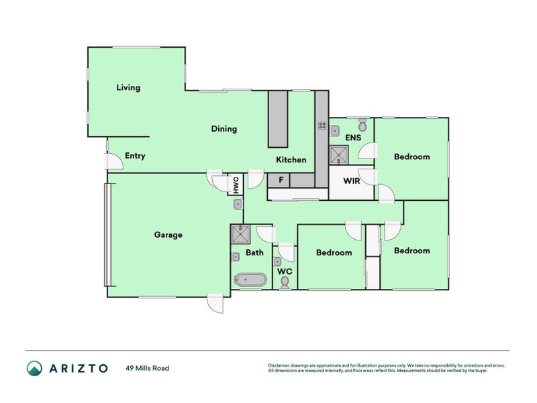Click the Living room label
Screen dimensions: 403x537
pos(128,88)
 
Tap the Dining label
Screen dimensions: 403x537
pos(224,129)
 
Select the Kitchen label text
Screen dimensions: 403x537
pos(291,160)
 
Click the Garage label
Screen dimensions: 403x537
pos(168,235)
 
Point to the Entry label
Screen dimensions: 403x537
pos(135,156)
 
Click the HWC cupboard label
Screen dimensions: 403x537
pos(235,183)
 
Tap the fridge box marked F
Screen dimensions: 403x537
pos(280,181)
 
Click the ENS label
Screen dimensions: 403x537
pos(353,138)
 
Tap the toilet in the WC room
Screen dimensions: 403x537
pos(285,283)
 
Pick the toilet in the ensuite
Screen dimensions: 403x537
pos(362,124)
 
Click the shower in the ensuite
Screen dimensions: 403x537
pos(339,156)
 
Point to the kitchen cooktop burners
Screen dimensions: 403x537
pos(322,125)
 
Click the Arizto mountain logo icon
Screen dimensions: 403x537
pos(34,368)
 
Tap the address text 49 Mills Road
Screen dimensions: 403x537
pos(147,368)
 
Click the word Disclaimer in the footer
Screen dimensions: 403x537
pos(281,366)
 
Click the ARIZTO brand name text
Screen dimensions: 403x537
pos(77,368)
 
